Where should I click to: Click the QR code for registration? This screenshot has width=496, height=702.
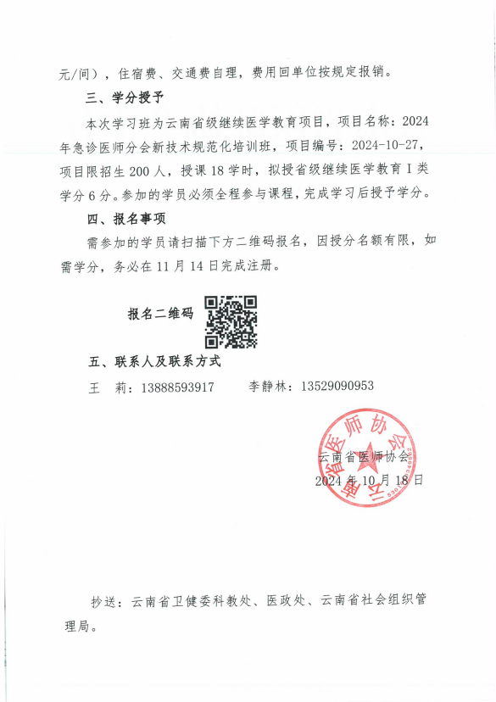click(x=231, y=322)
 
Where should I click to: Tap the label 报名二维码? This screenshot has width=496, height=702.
click(x=160, y=314)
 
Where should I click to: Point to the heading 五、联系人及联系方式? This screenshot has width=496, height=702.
click(x=155, y=362)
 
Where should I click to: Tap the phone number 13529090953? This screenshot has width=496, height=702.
click(x=337, y=387)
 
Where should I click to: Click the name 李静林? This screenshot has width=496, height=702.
click(x=268, y=387)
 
